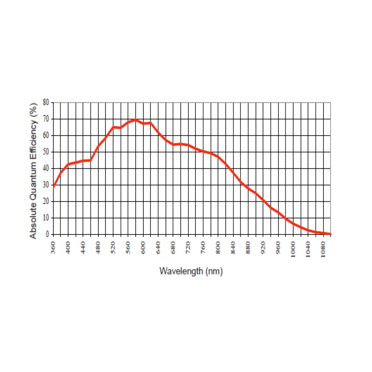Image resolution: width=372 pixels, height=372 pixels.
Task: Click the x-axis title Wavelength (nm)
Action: point(191,271)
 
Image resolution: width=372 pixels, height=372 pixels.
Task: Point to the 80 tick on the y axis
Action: point(46,102)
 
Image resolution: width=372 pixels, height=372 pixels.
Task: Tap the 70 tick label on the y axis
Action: point(46,119)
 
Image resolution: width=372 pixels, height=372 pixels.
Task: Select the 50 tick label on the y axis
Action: point(46,152)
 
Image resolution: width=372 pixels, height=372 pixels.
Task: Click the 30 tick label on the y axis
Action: point(46,185)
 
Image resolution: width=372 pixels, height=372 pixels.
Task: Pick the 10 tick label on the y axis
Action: point(46,218)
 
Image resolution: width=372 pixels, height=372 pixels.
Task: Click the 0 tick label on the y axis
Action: point(47,234)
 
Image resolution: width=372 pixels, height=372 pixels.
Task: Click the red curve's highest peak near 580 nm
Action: point(135,120)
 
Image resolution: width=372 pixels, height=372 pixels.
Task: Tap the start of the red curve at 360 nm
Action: point(53,187)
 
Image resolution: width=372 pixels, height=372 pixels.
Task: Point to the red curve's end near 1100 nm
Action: point(330,234)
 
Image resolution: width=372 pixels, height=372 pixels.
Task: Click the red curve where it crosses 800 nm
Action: point(218,157)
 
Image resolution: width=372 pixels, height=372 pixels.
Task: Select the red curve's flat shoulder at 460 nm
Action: point(90,160)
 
